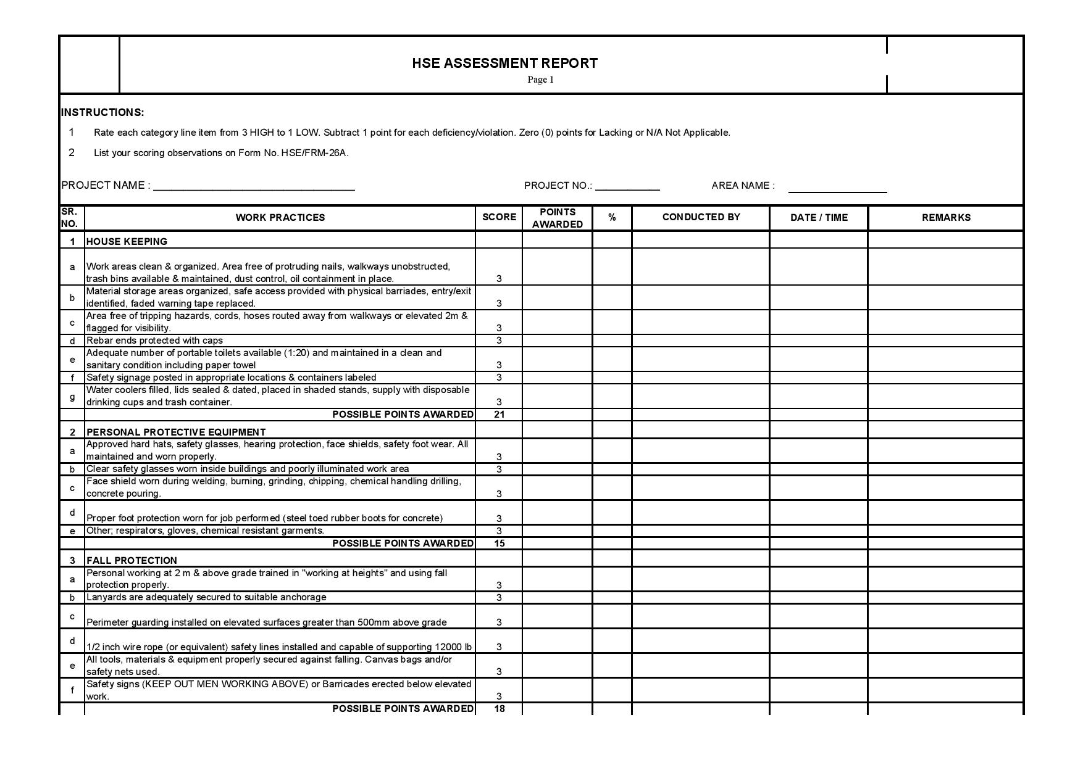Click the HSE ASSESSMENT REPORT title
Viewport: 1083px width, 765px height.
(504, 63)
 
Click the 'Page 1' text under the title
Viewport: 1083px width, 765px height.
(540, 80)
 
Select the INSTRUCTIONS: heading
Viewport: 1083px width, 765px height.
(102, 112)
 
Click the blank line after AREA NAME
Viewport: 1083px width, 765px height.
(837, 191)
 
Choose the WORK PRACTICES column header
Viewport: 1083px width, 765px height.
(280, 218)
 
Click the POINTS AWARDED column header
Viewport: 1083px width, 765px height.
(557, 218)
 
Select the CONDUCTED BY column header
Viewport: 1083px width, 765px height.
(701, 217)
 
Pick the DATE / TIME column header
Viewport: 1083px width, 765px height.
(819, 218)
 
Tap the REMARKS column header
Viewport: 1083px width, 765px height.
(946, 218)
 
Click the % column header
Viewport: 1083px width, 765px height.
(612, 218)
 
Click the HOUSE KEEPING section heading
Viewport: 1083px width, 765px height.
(127, 242)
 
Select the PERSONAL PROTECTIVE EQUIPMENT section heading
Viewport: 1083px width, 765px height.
(176, 432)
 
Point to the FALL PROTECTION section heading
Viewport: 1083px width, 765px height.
(132, 561)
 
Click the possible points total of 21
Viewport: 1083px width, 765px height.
(499, 415)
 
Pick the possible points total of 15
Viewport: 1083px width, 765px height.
(499, 544)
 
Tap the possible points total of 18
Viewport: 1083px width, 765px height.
(499, 709)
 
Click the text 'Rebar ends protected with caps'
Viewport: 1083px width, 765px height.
(154, 341)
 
